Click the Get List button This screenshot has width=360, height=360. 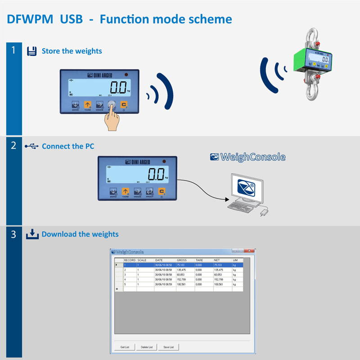tap(124, 347)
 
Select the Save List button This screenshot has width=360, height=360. tap(169, 347)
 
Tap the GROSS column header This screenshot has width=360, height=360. tap(182, 260)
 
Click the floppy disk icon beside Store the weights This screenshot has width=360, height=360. tap(31, 51)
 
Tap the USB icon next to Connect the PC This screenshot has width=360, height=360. tap(31, 146)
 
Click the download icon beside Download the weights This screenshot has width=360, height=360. tap(32, 234)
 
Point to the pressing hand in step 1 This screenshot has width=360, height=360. tap(114, 118)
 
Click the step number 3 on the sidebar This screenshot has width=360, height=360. tap(14, 234)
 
